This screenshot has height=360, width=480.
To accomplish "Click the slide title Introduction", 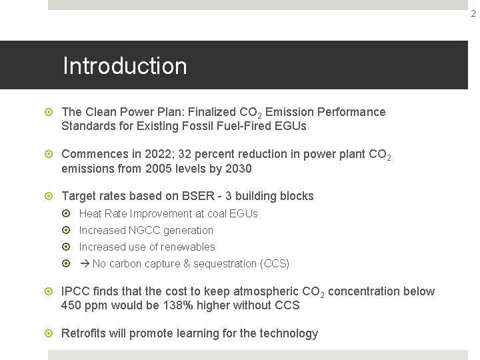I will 125,66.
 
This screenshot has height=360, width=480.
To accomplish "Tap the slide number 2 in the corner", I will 473,13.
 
